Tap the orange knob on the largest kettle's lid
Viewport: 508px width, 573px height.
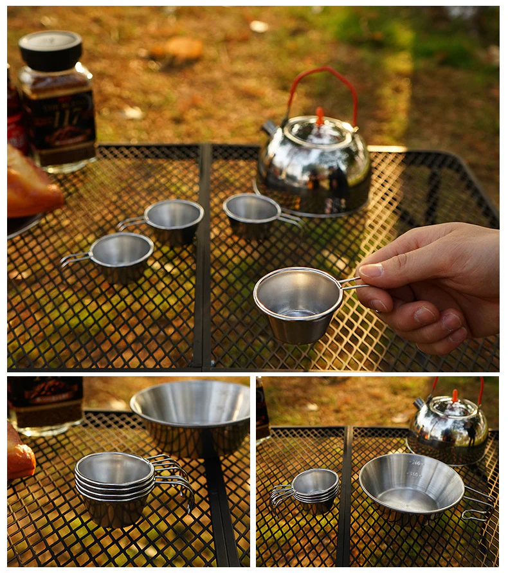320,116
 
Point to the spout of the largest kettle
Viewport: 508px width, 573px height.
269,128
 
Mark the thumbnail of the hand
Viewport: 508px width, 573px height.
371,270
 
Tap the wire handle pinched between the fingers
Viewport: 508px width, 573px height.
350,282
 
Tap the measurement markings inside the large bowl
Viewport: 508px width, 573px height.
415,468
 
